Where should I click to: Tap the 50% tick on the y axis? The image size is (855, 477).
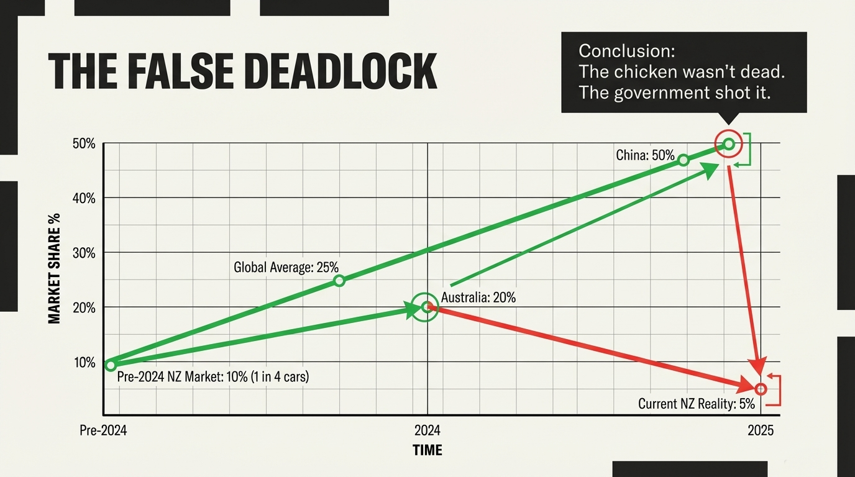(x=84, y=144)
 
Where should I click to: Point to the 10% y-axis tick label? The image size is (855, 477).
(x=84, y=363)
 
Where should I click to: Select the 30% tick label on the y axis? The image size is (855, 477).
(x=84, y=253)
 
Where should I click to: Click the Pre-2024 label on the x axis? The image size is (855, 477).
(x=103, y=430)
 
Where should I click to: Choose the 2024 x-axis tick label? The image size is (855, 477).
(x=427, y=430)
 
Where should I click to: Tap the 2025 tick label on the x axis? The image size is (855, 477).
(x=761, y=430)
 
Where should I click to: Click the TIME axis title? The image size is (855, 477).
(x=427, y=450)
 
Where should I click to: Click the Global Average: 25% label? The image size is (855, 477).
(x=286, y=268)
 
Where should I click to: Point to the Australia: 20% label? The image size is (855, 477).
(x=478, y=298)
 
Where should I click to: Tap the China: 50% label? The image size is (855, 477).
(x=645, y=155)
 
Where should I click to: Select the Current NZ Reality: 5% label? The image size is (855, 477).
(x=696, y=404)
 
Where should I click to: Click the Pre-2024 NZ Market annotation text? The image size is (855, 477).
(x=213, y=376)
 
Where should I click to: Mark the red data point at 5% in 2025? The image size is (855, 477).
(x=761, y=389)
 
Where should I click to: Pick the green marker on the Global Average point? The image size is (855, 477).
(x=339, y=281)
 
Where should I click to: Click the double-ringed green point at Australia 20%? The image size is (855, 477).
(x=426, y=307)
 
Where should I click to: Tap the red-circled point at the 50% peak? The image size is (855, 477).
(x=729, y=144)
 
